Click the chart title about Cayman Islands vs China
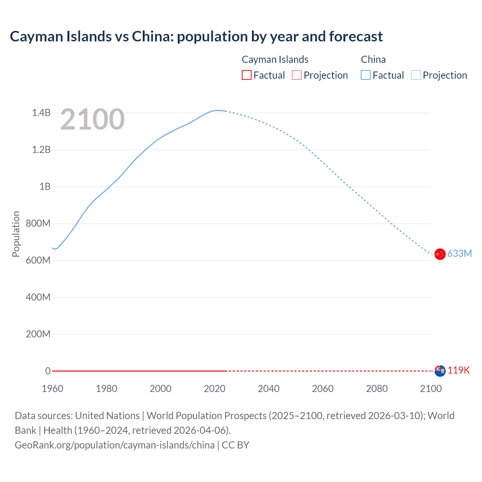[x=196, y=37]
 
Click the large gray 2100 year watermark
[x=92, y=119]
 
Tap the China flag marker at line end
[x=440, y=254]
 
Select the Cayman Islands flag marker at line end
[x=440, y=371]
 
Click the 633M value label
[x=459, y=254]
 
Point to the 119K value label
[x=459, y=371]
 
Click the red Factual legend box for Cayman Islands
[x=247, y=75]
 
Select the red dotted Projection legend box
[x=297, y=75]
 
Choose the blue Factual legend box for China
[x=366, y=75]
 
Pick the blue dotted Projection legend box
[x=416, y=75]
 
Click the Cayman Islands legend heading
[x=275, y=59]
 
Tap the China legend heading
[x=373, y=59]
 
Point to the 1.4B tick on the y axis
[x=41, y=113]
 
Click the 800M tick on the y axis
[x=38, y=224]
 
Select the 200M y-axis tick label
[x=38, y=334]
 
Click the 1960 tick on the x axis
[x=52, y=389]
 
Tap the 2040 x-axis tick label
[x=268, y=389]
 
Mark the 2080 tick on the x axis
[x=377, y=389]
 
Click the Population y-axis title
[x=16, y=234]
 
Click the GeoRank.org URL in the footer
[x=114, y=445]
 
